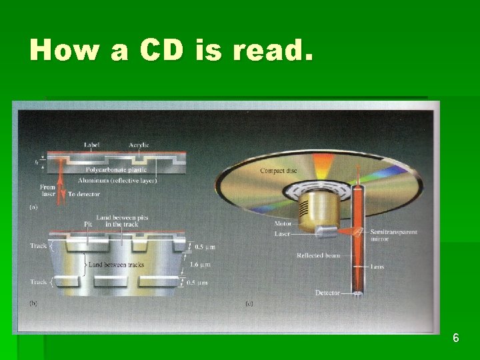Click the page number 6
tap(455, 338)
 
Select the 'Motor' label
tap(282, 224)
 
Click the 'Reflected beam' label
tap(319, 255)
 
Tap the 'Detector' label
tap(327, 293)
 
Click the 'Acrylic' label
tap(139, 145)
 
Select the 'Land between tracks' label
tap(116, 265)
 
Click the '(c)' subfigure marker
tap(249, 303)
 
